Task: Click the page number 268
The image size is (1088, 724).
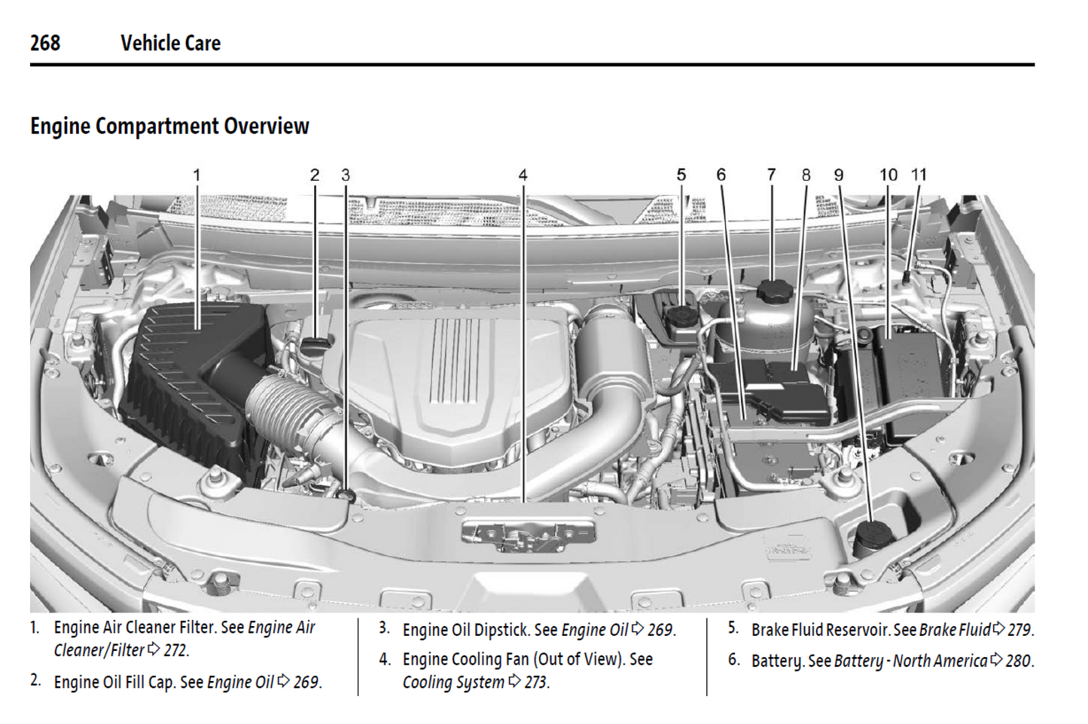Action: (x=45, y=43)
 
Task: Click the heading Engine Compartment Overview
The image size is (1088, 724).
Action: (x=169, y=126)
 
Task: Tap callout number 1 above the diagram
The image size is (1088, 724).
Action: (x=197, y=175)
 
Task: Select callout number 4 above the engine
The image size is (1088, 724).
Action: (x=523, y=175)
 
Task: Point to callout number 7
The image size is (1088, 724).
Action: (x=771, y=175)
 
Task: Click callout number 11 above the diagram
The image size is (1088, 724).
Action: (x=919, y=175)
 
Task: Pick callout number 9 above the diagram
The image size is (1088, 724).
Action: (x=839, y=175)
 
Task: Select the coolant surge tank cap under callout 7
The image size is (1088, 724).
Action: (x=773, y=291)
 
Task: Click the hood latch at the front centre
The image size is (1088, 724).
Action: (x=527, y=536)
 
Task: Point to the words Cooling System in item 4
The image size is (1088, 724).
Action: (x=453, y=682)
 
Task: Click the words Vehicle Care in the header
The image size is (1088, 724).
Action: (x=170, y=43)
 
